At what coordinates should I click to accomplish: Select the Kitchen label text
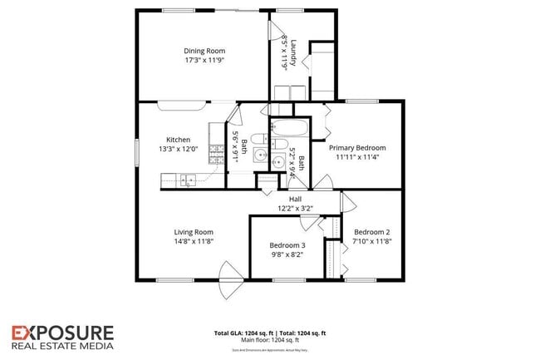point(178,140)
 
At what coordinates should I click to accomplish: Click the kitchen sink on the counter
point(189,178)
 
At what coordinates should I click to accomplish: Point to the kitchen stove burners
point(217,152)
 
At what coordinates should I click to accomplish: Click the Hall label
point(295,199)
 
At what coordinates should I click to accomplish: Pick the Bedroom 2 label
point(371,232)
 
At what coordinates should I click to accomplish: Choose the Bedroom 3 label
point(287,245)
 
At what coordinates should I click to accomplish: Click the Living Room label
point(194,232)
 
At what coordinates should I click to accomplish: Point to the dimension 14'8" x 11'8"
point(194,241)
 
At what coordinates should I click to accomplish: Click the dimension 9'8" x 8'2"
point(287,254)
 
